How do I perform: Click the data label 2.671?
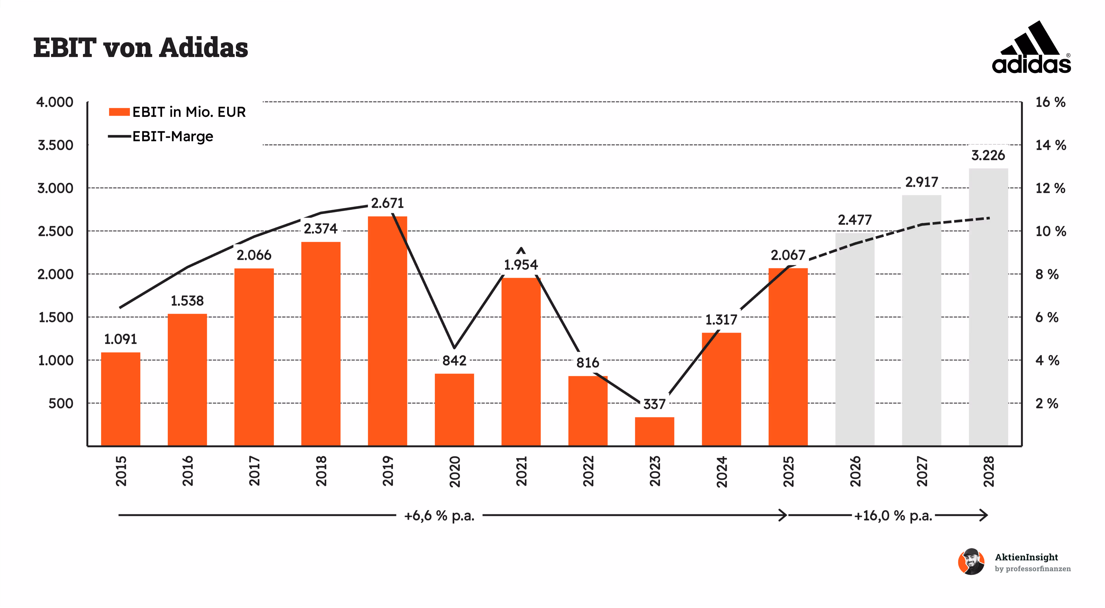[387, 203]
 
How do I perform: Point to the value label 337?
[654, 404]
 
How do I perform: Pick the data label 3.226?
[988, 155]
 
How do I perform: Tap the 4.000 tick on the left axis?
[55, 102]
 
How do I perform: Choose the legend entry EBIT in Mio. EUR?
[177, 112]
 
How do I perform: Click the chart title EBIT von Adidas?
[141, 47]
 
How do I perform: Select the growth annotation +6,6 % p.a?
[439, 515]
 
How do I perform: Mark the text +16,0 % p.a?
[893, 515]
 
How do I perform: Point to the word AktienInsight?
[1027, 557]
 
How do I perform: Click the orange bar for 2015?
[121, 399]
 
